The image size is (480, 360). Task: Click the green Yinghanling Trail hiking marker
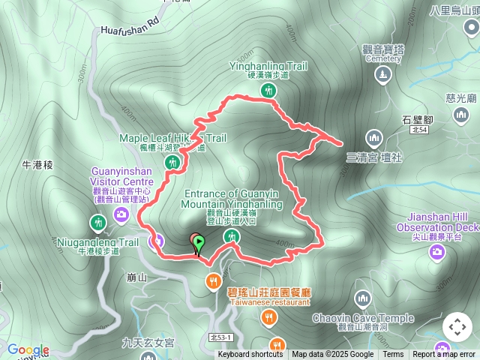[268, 91]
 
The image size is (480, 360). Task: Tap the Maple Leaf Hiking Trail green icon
[174, 162]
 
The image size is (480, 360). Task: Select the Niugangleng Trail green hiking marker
[97, 223]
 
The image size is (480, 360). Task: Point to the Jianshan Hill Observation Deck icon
[437, 252]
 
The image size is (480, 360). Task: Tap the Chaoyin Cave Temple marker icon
[363, 300]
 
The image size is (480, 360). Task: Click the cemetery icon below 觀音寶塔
[382, 74]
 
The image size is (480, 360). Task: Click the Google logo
[28, 349]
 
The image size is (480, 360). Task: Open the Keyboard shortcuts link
[250, 355]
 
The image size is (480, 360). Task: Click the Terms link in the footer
[393, 355]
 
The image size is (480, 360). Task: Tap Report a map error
[445, 355]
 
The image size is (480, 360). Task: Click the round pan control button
[457, 327]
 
